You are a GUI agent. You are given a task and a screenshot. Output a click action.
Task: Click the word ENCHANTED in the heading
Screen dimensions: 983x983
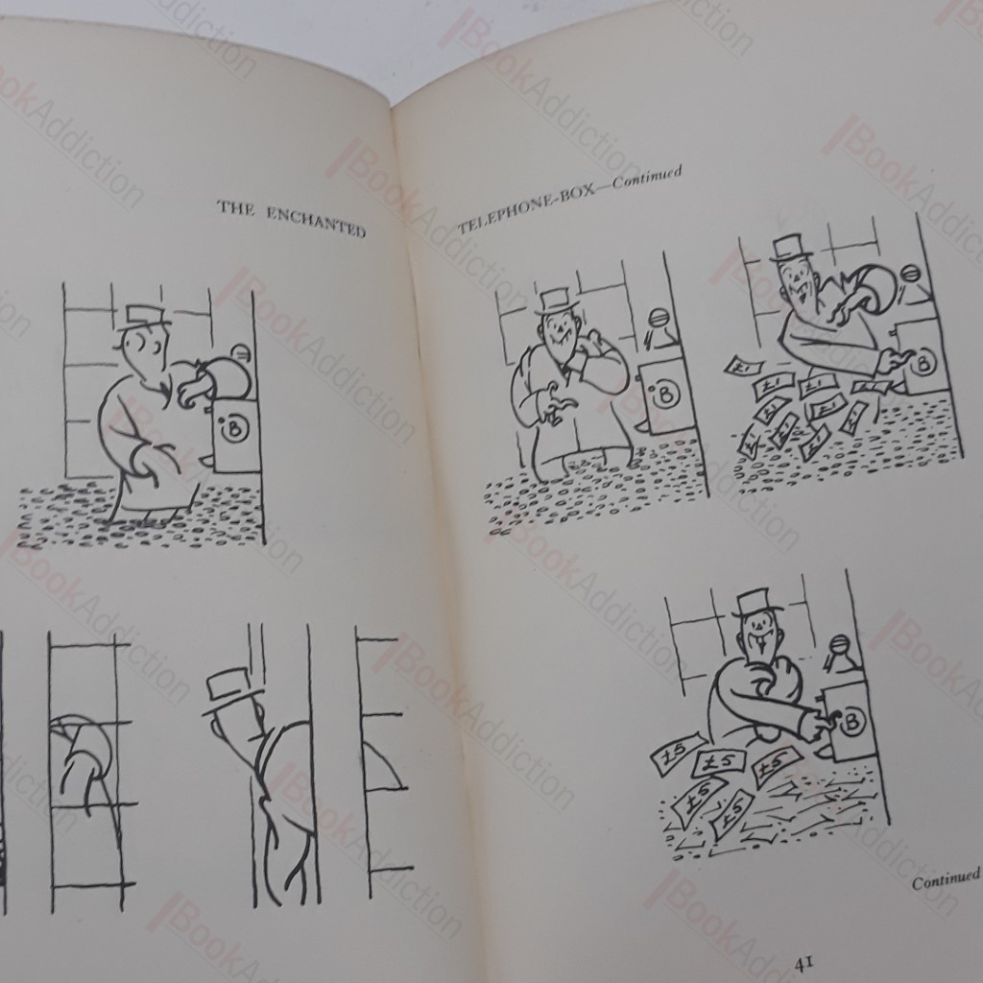click(x=316, y=222)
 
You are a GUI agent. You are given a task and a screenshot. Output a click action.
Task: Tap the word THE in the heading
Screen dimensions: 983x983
click(x=236, y=207)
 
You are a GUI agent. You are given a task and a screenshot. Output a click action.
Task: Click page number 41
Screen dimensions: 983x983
click(x=805, y=964)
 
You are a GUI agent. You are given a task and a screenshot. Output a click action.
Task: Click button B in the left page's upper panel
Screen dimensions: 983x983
click(x=234, y=429)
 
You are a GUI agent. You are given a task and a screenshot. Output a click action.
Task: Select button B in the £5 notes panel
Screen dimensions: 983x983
click(x=851, y=723)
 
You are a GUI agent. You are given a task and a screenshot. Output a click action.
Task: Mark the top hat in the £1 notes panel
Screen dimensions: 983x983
click(x=791, y=249)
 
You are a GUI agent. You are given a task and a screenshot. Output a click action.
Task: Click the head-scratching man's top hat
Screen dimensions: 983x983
click(x=557, y=302)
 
